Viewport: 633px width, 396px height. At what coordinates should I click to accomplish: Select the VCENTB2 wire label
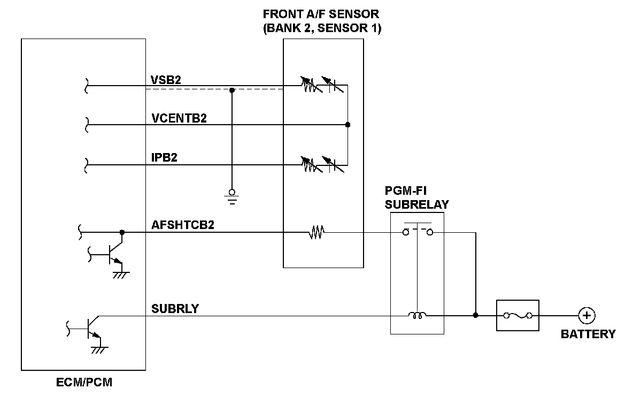[179, 118]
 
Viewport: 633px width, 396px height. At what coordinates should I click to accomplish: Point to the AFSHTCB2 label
[182, 225]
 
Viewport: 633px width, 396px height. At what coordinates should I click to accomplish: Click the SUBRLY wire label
[175, 309]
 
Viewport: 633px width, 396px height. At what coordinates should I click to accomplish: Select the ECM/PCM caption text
[84, 383]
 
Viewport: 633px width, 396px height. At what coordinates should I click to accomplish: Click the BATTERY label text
[588, 334]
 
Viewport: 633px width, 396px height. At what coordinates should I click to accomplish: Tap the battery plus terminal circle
[586, 316]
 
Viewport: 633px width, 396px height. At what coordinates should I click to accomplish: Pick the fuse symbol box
[518, 316]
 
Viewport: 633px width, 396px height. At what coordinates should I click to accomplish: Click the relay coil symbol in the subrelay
[416, 316]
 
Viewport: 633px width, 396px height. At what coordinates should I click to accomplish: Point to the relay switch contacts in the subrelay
[418, 231]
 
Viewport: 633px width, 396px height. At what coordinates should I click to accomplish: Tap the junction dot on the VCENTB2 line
[348, 125]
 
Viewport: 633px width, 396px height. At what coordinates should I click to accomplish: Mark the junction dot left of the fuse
[475, 316]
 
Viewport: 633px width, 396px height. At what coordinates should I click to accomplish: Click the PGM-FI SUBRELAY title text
[416, 197]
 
